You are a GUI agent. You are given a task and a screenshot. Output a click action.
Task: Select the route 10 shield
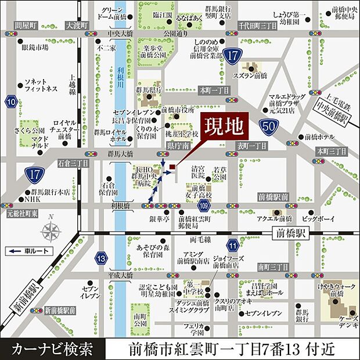[x=11, y=103]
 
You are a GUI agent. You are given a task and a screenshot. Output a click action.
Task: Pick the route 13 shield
[x=101, y=257]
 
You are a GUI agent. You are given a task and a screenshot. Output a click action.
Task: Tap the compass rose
[x=51, y=231]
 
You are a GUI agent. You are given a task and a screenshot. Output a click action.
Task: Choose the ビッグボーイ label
[x=318, y=219]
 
